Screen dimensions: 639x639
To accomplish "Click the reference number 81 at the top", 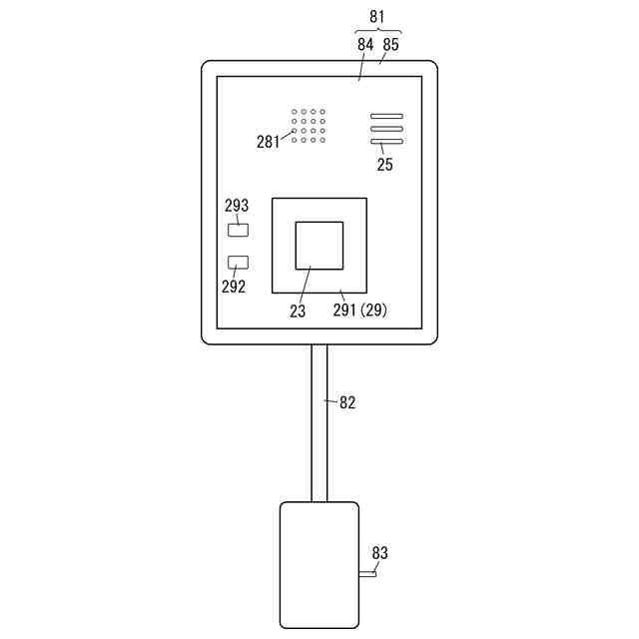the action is click(x=376, y=17).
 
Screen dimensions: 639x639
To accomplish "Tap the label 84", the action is click(x=364, y=45).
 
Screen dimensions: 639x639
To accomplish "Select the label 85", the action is click(x=390, y=45).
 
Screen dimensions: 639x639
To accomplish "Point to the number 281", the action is click(x=269, y=141).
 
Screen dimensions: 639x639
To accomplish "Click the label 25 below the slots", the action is click(x=384, y=166).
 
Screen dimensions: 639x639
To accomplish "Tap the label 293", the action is click(x=237, y=206).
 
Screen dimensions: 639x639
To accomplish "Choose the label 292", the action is click(x=232, y=286).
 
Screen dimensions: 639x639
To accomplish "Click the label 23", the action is click(x=298, y=311).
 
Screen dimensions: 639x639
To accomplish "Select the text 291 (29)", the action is click(x=359, y=311).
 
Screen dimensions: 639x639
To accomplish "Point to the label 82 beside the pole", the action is click(x=347, y=402).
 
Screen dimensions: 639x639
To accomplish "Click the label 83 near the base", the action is click(x=379, y=552).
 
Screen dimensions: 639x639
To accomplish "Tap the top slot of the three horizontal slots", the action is click(x=386, y=117).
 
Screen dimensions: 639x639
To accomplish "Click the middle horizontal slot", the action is click(x=386, y=129).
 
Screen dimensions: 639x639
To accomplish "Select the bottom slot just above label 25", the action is click(x=386, y=142).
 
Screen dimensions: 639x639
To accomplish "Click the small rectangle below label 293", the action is click(x=239, y=231).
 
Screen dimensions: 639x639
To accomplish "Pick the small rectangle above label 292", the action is click(x=239, y=263).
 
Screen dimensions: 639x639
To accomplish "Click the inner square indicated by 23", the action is click(x=319, y=246).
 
